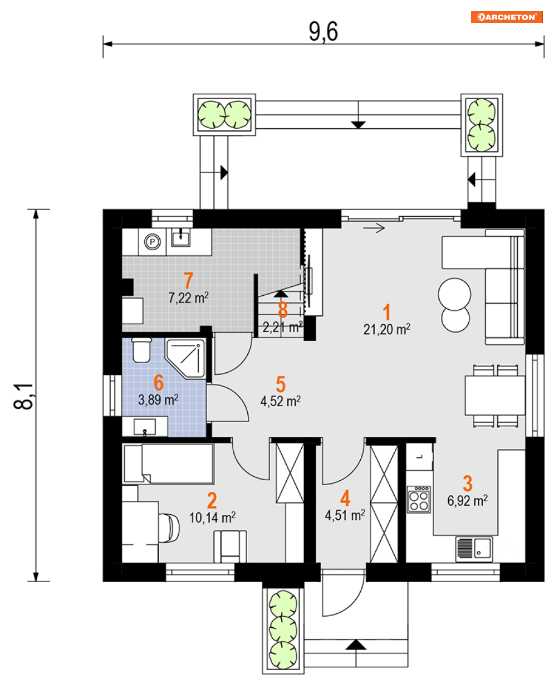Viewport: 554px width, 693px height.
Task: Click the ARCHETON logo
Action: point(506,17)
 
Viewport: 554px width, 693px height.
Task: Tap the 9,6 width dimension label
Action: point(323,32)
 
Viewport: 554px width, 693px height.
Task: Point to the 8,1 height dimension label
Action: point(23,397)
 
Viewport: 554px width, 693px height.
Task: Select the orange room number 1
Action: point(386,312)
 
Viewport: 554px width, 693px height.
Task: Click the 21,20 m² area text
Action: point(386,329)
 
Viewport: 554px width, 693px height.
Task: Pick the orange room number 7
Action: point(188,280)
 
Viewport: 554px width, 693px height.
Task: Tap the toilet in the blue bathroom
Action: point(141,350)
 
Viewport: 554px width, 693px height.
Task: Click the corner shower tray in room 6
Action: point(185,358)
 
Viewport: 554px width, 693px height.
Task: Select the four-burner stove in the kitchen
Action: point(419,499)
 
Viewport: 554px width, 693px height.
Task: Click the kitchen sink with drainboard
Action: point(474,548)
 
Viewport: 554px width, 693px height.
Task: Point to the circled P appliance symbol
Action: point(152,242)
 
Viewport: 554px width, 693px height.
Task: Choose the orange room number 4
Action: point(345,498)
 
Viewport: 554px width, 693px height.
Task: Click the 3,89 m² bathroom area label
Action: point(158,400)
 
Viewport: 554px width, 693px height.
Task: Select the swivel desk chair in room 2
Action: point(169,528)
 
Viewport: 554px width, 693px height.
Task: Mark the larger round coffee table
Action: point(454,294)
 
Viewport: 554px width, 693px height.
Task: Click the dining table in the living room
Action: point(495,396)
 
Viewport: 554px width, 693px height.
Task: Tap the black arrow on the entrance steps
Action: point(356,645)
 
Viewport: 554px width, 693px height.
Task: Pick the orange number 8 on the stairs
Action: point(283,310)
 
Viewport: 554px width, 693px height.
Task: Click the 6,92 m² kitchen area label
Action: point(467,500)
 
